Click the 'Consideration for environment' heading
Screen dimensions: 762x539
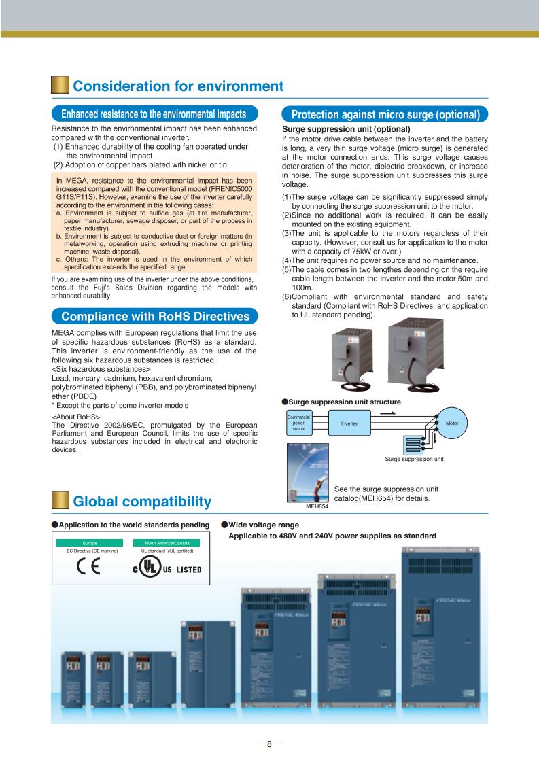(177, 86)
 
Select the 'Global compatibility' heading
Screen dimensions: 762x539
(141, 502)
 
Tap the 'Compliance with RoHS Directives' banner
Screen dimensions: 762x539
(154, 316)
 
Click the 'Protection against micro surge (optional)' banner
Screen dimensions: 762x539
(385, 114)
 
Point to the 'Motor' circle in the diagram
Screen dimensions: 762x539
(451, 423)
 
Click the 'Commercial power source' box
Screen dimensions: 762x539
(299, 423)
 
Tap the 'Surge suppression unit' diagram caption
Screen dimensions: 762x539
(414, 459)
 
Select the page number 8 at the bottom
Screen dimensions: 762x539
(269, 744)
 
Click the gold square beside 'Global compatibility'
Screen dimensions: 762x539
(60, 502)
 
